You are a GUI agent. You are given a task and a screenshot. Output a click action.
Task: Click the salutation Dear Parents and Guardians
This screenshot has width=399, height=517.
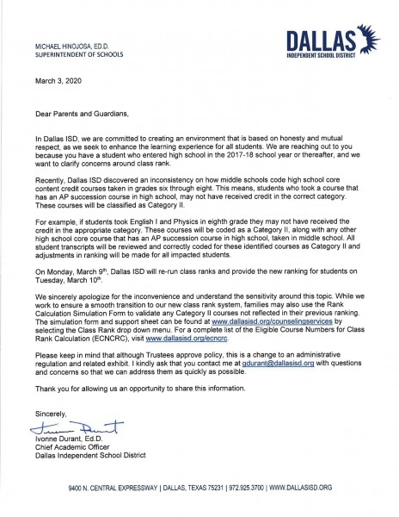(x=86, y=113)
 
